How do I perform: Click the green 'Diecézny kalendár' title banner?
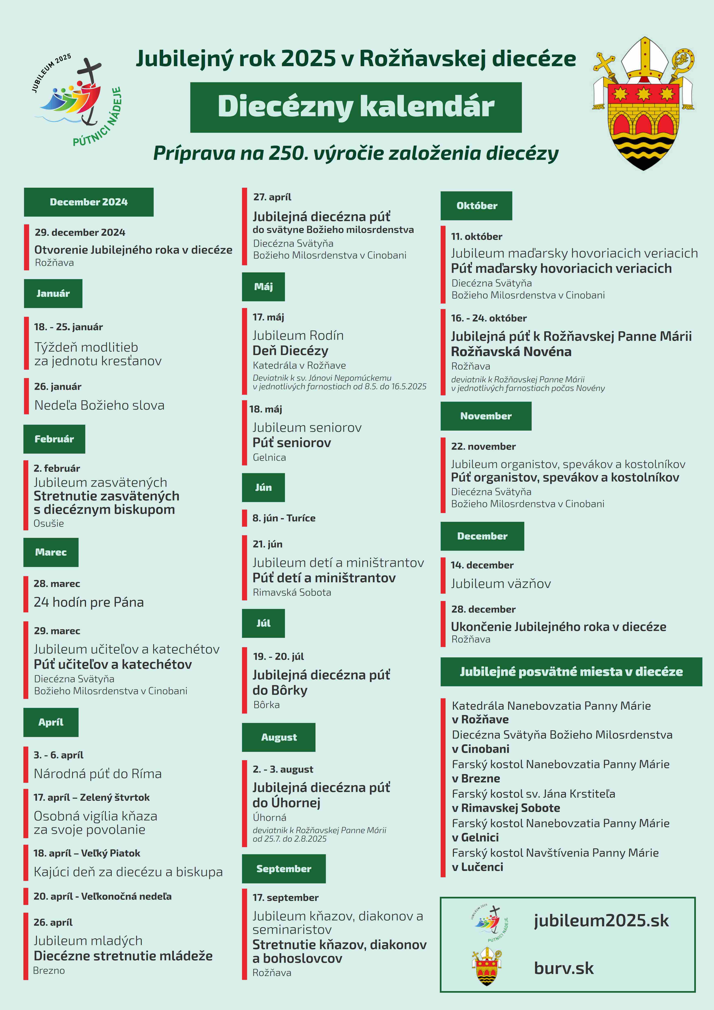pyautogui.click(x=356, y=107)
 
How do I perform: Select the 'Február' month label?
pyautogui.click(x=54, y=439)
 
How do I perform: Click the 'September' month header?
pyautogui.click(x=284, y=869)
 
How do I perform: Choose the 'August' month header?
pyautogui.click(x=279, y=737)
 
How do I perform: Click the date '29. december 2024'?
pyautogui.click(x=80, y=232)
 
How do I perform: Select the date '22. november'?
pyautogui.click(x=483, y=446)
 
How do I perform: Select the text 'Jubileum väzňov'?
pyautogui.click(x=501, y=584)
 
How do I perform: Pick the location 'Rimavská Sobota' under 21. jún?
pyautogui.click(x=292, y=592)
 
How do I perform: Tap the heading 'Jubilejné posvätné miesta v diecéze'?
pyautogui.click(x=571, y=672)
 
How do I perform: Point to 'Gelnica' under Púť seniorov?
pyautogui.click(x=269, y=457)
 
